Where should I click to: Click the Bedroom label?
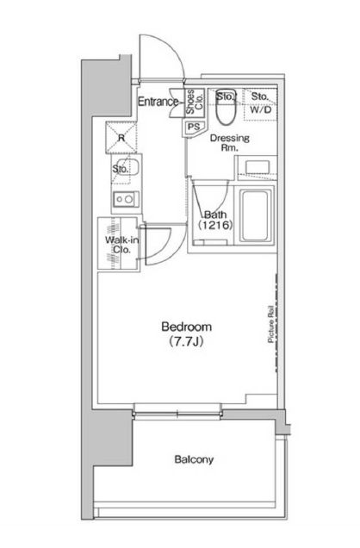click(x=187, y=327)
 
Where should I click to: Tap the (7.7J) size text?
click(x=186, y=341)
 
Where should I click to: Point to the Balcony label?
click(x=194, y=459)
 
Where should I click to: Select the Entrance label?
click(x=158, y=102)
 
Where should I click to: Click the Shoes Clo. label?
click(x=195, y=102)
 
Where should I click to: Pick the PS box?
click(x=193, y=127)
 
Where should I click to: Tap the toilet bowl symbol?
click(x=226, y=108)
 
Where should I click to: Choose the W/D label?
click(x=261, y=110)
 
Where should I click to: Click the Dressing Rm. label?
click(x=230, y=142)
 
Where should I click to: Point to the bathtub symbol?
click(x=256, y=215)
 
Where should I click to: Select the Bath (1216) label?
click(x=215, y=220)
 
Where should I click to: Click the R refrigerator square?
click(x=121, y=137)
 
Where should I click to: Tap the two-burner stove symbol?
click(x=126, y=200)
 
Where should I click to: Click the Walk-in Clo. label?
click(x=121, y=245)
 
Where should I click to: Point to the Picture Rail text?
click(x=270, y=324)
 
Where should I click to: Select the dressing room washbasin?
click(x=258, y=167)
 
